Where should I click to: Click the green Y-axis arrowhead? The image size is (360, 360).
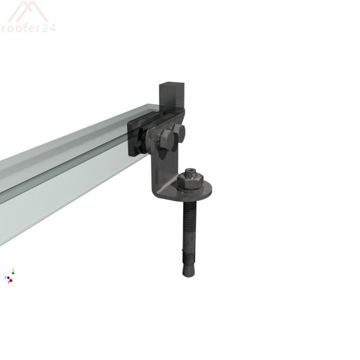point(13,271)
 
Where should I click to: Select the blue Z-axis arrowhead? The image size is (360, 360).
point(6,277)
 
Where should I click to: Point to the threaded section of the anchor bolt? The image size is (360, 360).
point(190,221)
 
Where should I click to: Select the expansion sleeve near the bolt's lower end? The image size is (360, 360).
point(189,256)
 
